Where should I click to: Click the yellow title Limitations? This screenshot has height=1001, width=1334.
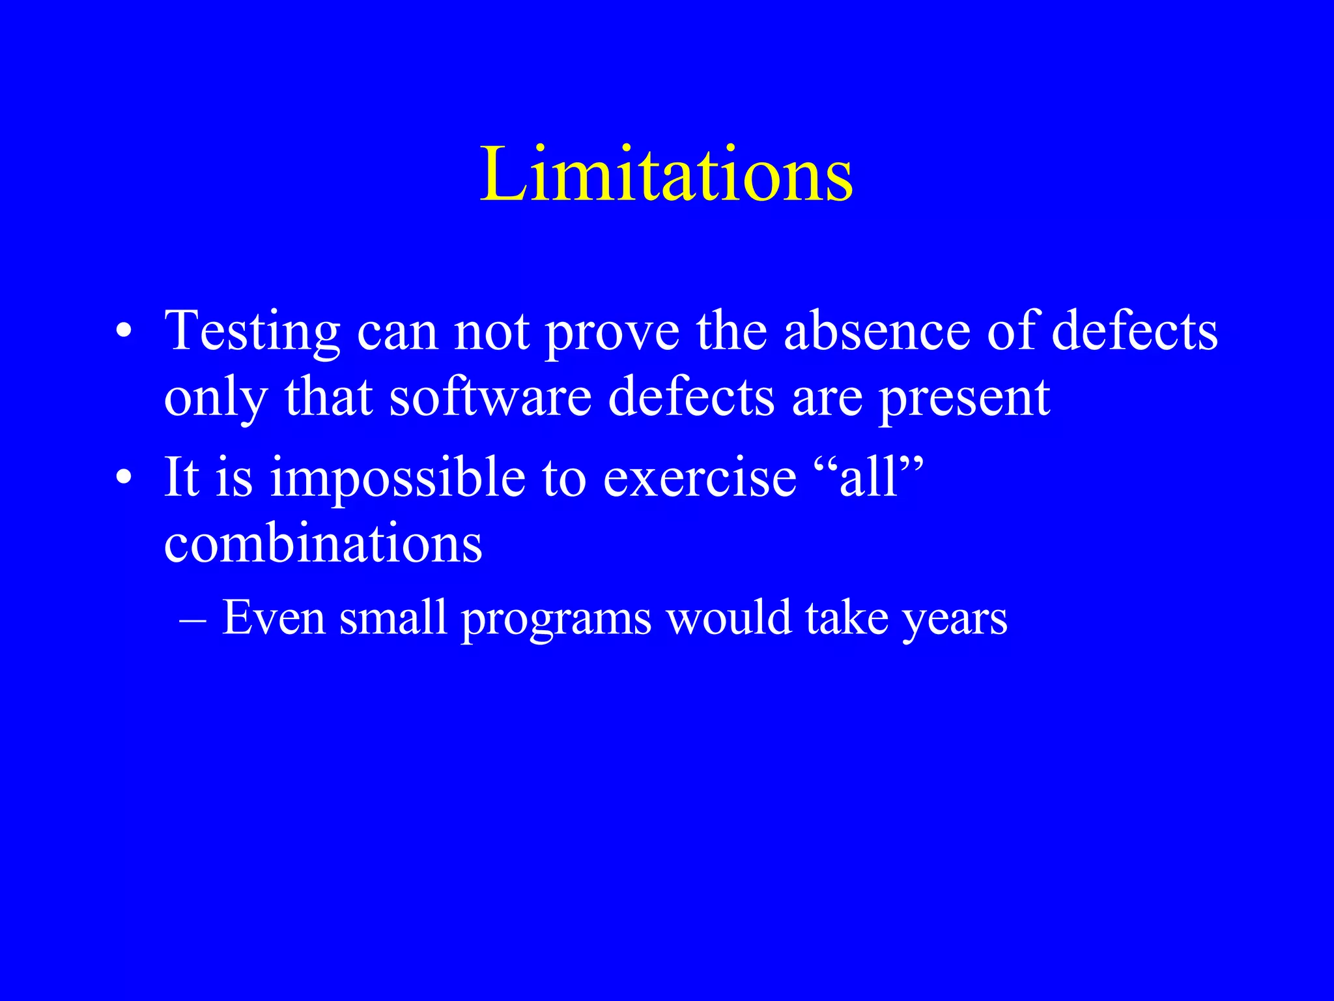(666, 175)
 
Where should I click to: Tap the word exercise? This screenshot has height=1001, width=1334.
(700, 478)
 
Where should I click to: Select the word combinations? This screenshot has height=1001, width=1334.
(323, 544)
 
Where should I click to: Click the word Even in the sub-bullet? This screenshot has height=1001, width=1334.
(274, 617)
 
